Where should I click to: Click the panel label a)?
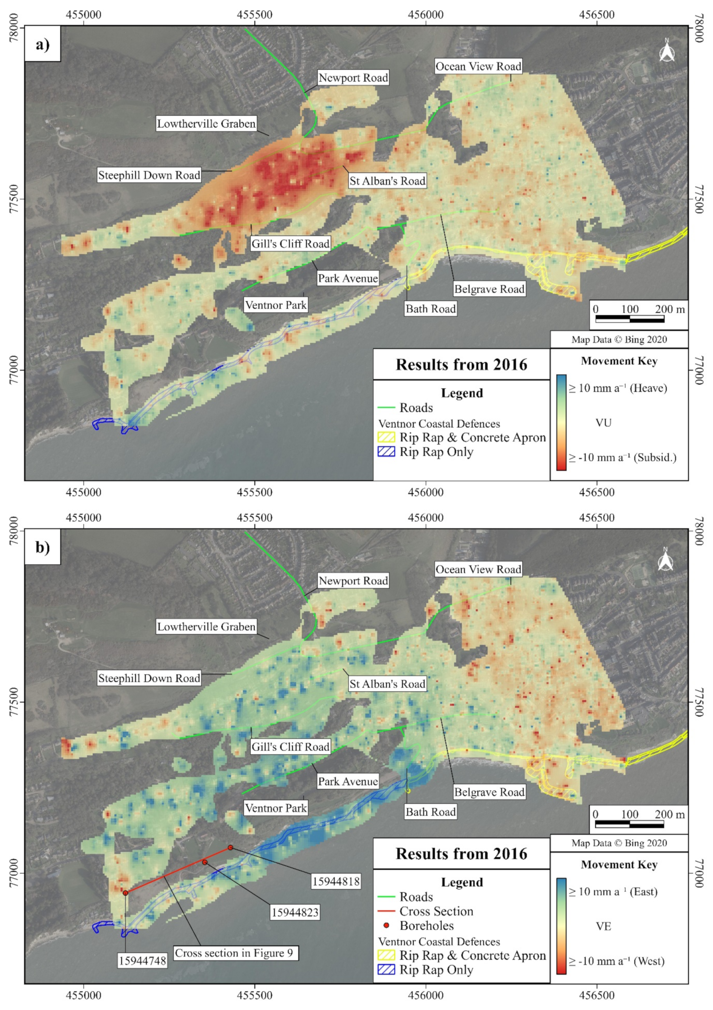pos(43,44)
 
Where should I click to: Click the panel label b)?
pos(43,547)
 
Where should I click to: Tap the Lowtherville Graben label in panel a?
pos(206,123)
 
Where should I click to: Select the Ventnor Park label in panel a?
pos(276,305)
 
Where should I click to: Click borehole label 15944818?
pos(336,881)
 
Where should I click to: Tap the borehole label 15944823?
pos(295,912)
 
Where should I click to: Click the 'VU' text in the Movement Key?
pos(603,423)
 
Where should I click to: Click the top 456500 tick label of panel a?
pos(597,14)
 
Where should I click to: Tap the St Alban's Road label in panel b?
pos(388,684)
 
